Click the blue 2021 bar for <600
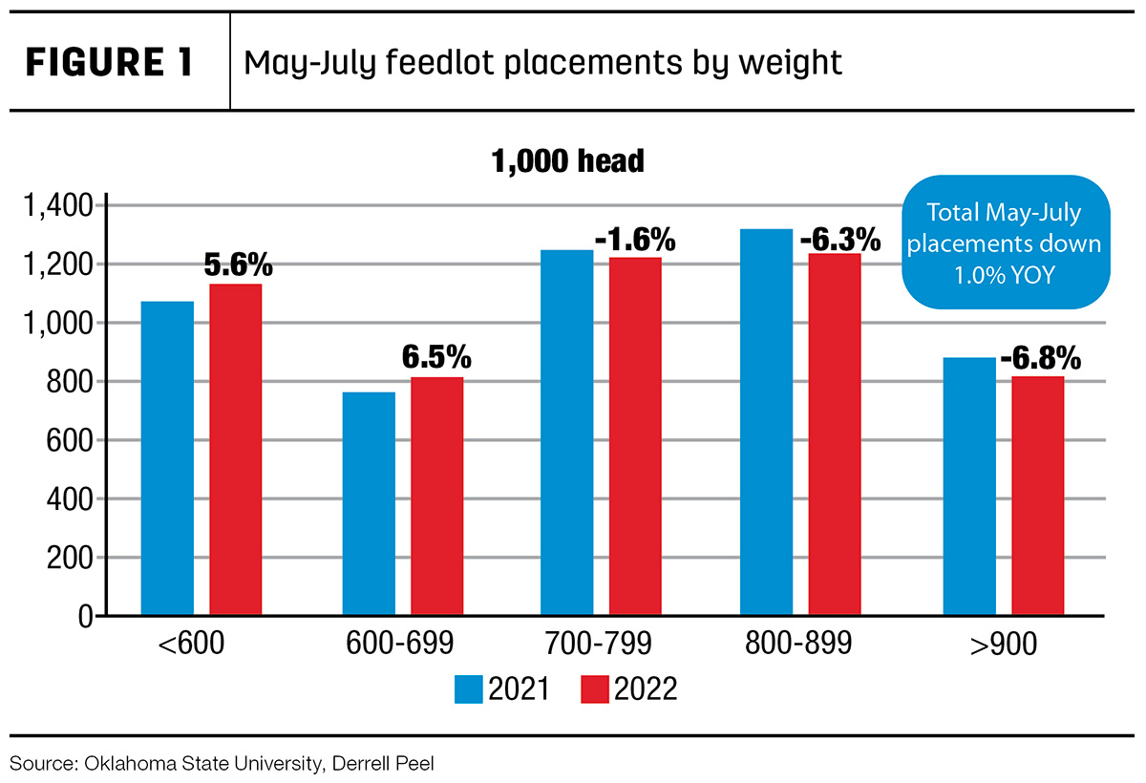tap(167, 457)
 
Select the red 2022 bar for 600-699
tap(437, 496)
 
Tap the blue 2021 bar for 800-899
tap(766, 421)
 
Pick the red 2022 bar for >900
tap(1038, 495)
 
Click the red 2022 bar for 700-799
tap(635, 435)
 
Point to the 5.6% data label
tap(239, 265)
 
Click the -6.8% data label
tap(1041, 357)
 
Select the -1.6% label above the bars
tap(635, 240)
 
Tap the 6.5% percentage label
tap(436, 356)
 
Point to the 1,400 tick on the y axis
tap(58, 206)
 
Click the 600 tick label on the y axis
tap(70, 440)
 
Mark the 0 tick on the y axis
tap(86, 617)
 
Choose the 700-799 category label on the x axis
tap(599, 644)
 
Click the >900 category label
tap(1004, 644)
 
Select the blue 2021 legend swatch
tap(468, 688)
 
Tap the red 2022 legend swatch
tap(594, 688)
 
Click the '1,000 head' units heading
tap(567, 161)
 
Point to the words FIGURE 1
tap(109, 62)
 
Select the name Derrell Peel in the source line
tap(383, 764)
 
